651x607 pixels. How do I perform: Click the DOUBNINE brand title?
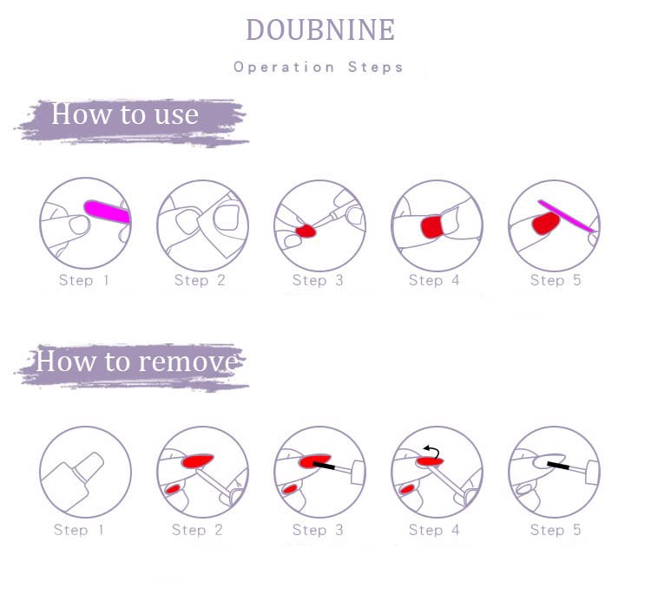pos(320,29)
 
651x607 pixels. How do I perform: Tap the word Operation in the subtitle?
pos(284,68)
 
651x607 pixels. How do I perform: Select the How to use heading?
pos(124,114)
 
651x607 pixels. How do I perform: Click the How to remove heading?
pos(138,361)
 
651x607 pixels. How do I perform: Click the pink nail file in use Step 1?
pos(108,212)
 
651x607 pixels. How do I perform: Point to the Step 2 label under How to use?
pos(200,280)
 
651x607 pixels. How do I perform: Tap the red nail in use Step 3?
pos(306,231)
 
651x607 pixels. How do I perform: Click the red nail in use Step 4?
pos(431,226)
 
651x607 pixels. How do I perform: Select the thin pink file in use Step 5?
pos(567,216)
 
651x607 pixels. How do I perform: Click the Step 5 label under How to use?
pos(556,280)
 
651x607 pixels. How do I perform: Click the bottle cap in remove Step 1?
pos(88,467)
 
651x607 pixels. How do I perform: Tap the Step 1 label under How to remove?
pos(79,530)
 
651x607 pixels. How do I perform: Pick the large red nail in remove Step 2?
pos(198,460)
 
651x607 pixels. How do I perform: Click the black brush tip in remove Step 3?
pos(324,466)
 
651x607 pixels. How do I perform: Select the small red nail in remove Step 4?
pos(407,489)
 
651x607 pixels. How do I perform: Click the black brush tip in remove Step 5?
pos(558,466)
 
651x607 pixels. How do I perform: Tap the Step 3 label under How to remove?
pos(318,530)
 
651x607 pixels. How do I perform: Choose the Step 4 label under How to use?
pos(434,280)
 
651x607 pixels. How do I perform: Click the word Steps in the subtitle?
pos(375,68)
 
